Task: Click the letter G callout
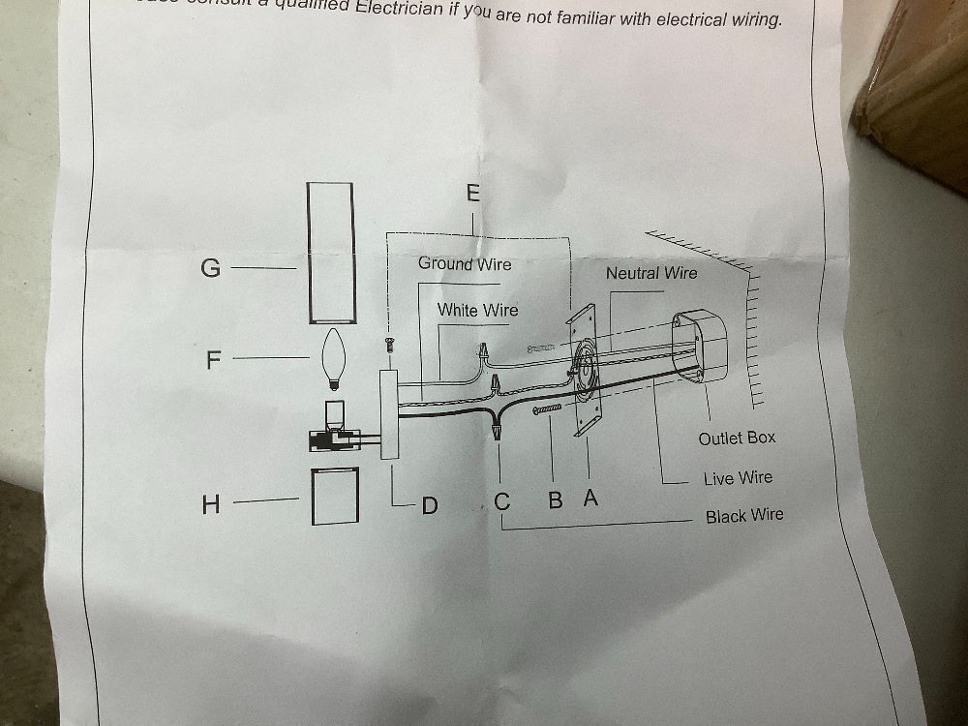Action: (x=210, y=267)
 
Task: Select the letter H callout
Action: (x=210, y=503)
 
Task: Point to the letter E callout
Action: (x=472, y=193)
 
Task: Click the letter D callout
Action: (x=430, y=504)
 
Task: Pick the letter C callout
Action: (x=501, y=502)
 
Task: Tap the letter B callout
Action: (x=556, y=500)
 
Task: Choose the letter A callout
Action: (x=590, y=499)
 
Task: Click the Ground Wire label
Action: (x=465, y=263)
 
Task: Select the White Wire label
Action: (x=477, y=310)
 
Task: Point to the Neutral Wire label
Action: (x=650, y=273)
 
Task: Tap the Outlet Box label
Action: (x=737, y=438)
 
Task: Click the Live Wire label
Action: (x=738, y=477)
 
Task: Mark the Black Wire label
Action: (x=744, y=516)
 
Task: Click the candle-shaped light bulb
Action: (x=334, y=358)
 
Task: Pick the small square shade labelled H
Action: (x=335, y=497)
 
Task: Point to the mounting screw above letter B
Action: (x=548, y=412)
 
